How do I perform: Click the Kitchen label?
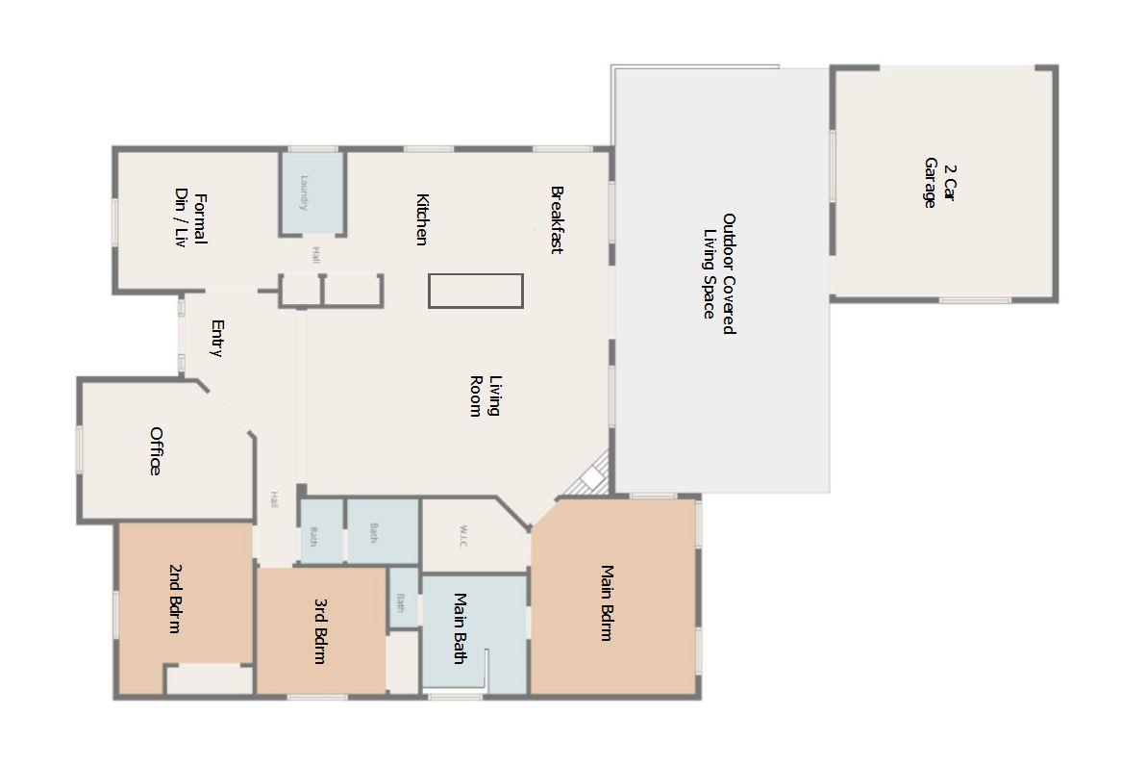coord(421,219)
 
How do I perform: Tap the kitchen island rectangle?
coord(475,291)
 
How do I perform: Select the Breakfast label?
coord(556,219)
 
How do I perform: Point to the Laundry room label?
coord(304,192)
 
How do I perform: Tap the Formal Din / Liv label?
coord(189,220)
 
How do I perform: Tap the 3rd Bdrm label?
coord(320,631)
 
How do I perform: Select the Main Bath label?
coord(460,627)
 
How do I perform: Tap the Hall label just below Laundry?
coord(315,254)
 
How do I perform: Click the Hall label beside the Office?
coord(274,499)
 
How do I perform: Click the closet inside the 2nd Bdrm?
coord(209,679)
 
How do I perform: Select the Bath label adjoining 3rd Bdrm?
coord(401,601)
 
